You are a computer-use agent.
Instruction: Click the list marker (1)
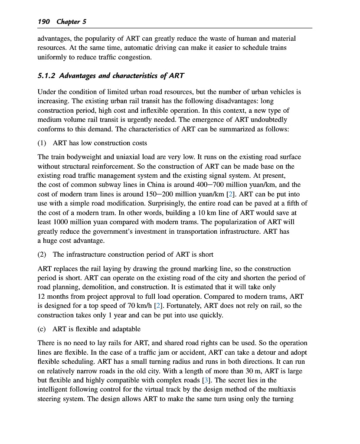tap(43, 143)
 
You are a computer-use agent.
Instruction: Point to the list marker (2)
tap(43, 255)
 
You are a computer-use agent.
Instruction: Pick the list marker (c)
tap(43, 329)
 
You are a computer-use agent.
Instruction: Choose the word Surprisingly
tap(184, 204)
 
